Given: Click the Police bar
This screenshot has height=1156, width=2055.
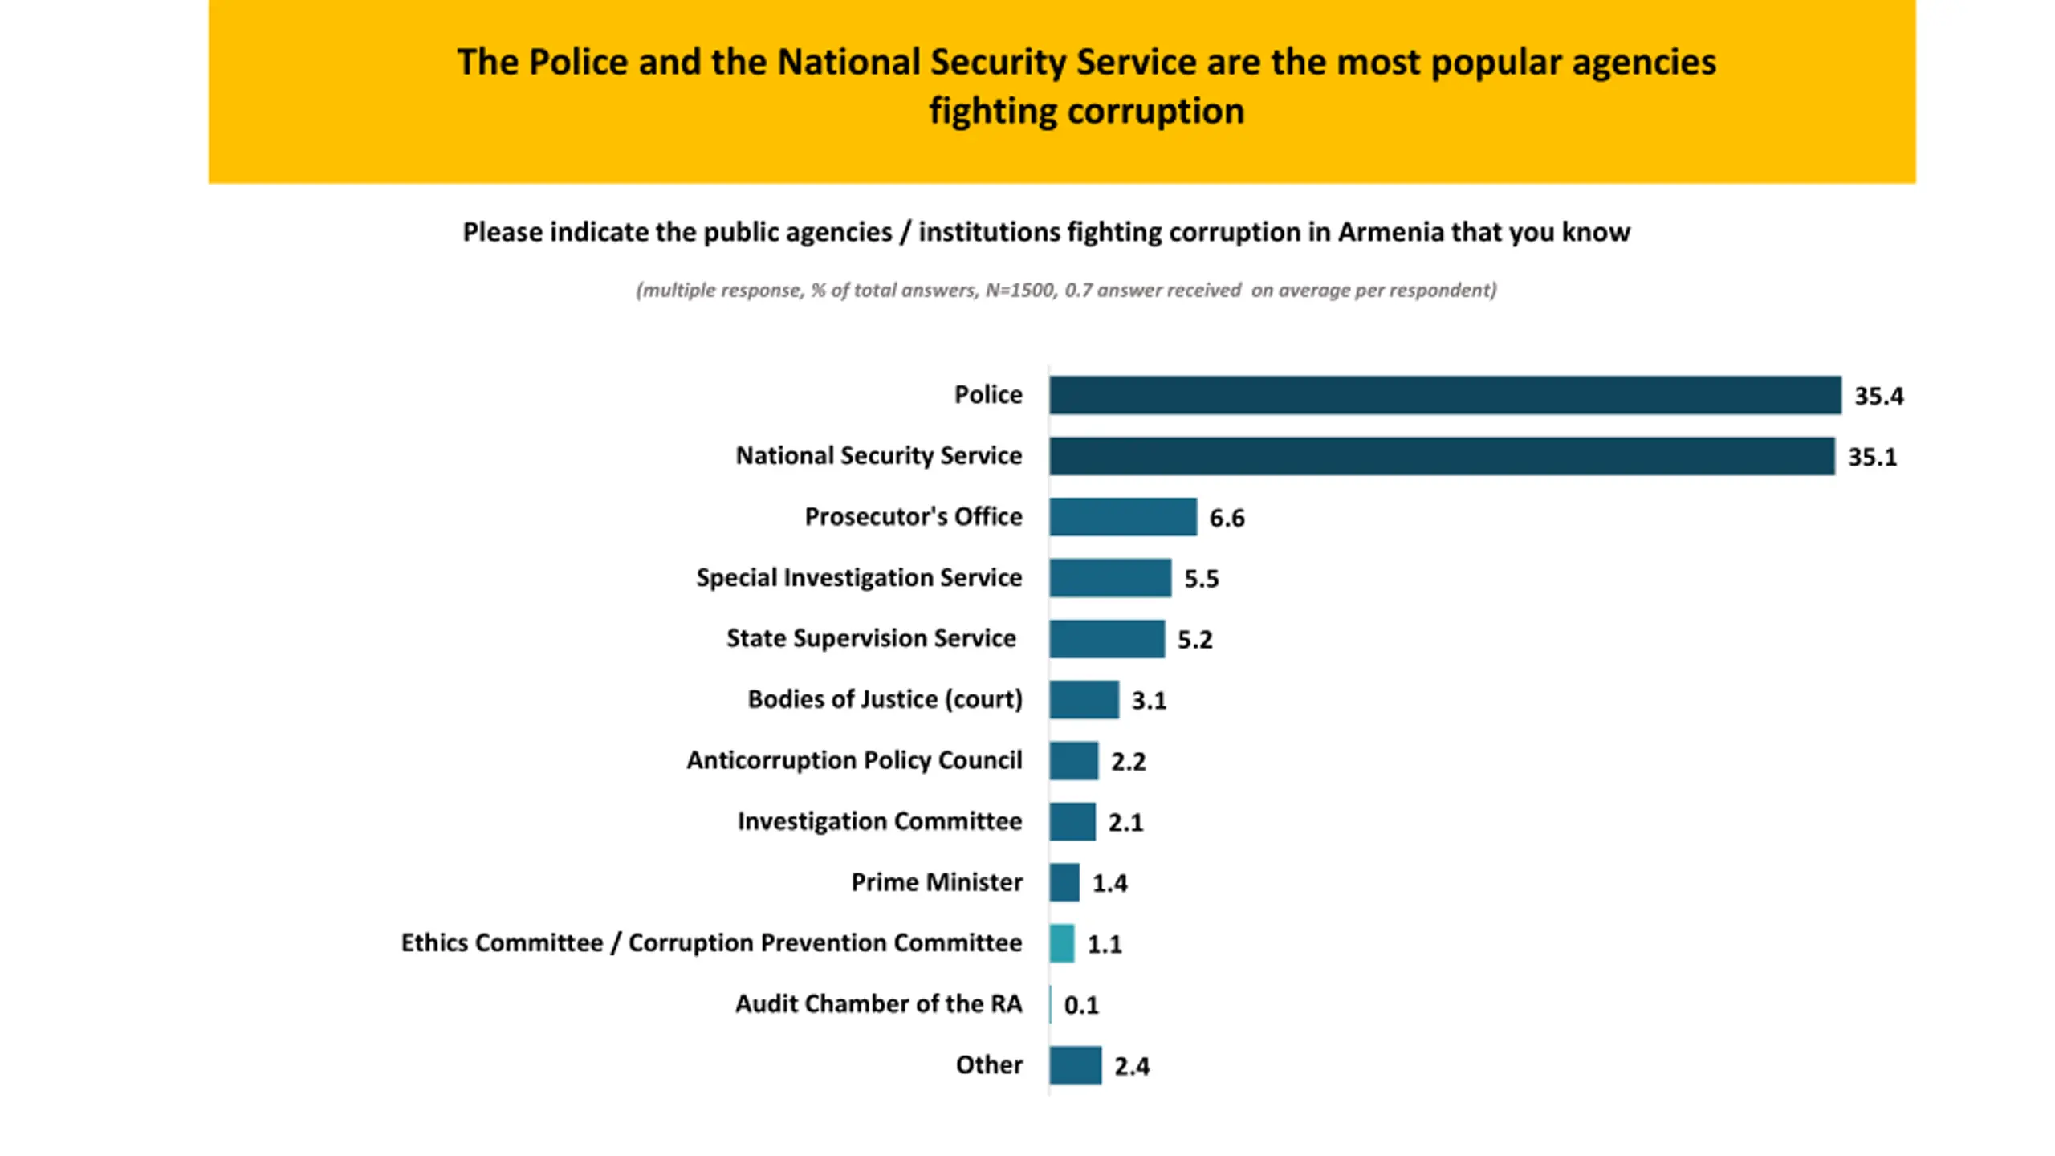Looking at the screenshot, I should [1444, 395].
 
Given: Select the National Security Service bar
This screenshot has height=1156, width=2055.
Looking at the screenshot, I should [1441, 456].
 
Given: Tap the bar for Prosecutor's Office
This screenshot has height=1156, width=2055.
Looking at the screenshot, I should [1122, 517].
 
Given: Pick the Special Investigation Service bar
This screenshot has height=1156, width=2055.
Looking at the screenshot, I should [1109, 578].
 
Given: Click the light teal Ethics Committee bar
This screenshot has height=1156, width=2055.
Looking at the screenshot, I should [1061, 943].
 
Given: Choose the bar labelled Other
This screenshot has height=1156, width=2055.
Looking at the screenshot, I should [1075, 1065].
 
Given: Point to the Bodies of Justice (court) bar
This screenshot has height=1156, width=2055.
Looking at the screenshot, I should [1084, 700].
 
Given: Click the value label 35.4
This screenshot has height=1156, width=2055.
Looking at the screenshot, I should [1878, 396].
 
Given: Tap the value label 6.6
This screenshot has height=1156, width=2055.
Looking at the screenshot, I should [1227, 518].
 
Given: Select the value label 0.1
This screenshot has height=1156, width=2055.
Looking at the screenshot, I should [1080, 1005].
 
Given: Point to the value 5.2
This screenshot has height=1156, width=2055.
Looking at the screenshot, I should [1194, 640].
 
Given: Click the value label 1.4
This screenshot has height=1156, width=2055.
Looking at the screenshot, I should [1109, 883].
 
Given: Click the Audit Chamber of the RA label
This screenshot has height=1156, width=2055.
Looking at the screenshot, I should [878, 1003].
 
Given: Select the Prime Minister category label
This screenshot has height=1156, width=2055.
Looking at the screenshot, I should [936, 882].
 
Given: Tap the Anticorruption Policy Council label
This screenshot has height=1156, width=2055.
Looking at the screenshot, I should [854, 760].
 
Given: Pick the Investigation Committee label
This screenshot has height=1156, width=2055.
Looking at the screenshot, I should [879, 821].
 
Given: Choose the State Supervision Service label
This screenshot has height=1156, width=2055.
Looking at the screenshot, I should [871, 638].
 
